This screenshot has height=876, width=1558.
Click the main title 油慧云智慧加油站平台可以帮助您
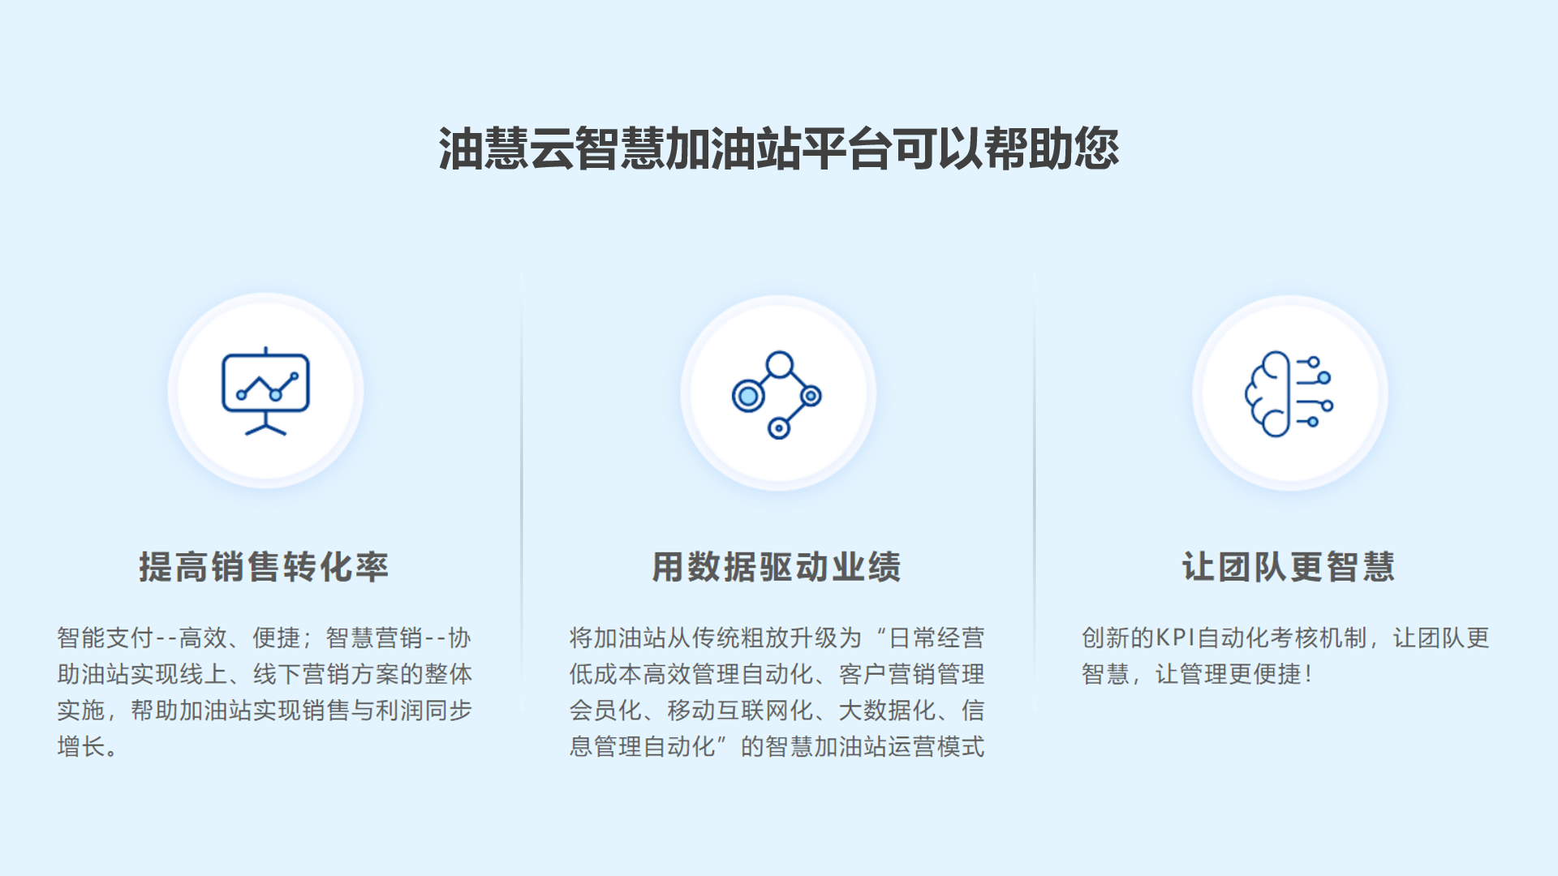pyautogui.click(x=779, y=149)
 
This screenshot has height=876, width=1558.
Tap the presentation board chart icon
pyautogui.click(x=265, y=391)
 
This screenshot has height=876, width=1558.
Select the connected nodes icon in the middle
pyautogui.click(x=777, y=395)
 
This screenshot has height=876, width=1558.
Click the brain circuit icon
pyautogui.click(x=1289, y=394)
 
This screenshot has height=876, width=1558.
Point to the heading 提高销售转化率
pyautogui.click(x=264, y=567)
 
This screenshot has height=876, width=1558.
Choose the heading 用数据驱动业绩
pyautogui.click(x=777, y=567)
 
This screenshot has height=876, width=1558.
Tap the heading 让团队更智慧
pyautogui.click(x=1289, y=567)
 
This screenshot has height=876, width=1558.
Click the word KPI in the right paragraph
pyautogui.click(x=1175, y=638)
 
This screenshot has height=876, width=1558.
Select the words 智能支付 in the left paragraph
pyautogui.click(x=105, y=638)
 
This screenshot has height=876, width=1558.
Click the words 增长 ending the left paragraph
pyautogui.click(x=81, y=746)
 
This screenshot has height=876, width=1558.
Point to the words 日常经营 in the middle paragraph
pyautogui.click(x=937, y=638)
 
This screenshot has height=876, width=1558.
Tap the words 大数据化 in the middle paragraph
pyautogui.click(x=887, y=711)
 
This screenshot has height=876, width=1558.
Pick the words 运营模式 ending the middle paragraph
pyautogui.click(x=937, y=746)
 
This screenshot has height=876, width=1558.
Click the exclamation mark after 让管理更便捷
pyautogui.click(x=1308, y=674)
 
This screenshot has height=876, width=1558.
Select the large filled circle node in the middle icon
pyautogui.click(x=748, y=396)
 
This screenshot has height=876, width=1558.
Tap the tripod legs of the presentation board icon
pyautogui.click(x=265, y=425)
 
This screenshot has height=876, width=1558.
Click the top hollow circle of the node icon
pyautogui.click(x=780, y=365)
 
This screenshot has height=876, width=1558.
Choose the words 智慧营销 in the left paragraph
pyautogui.click(x=374, y=638)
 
